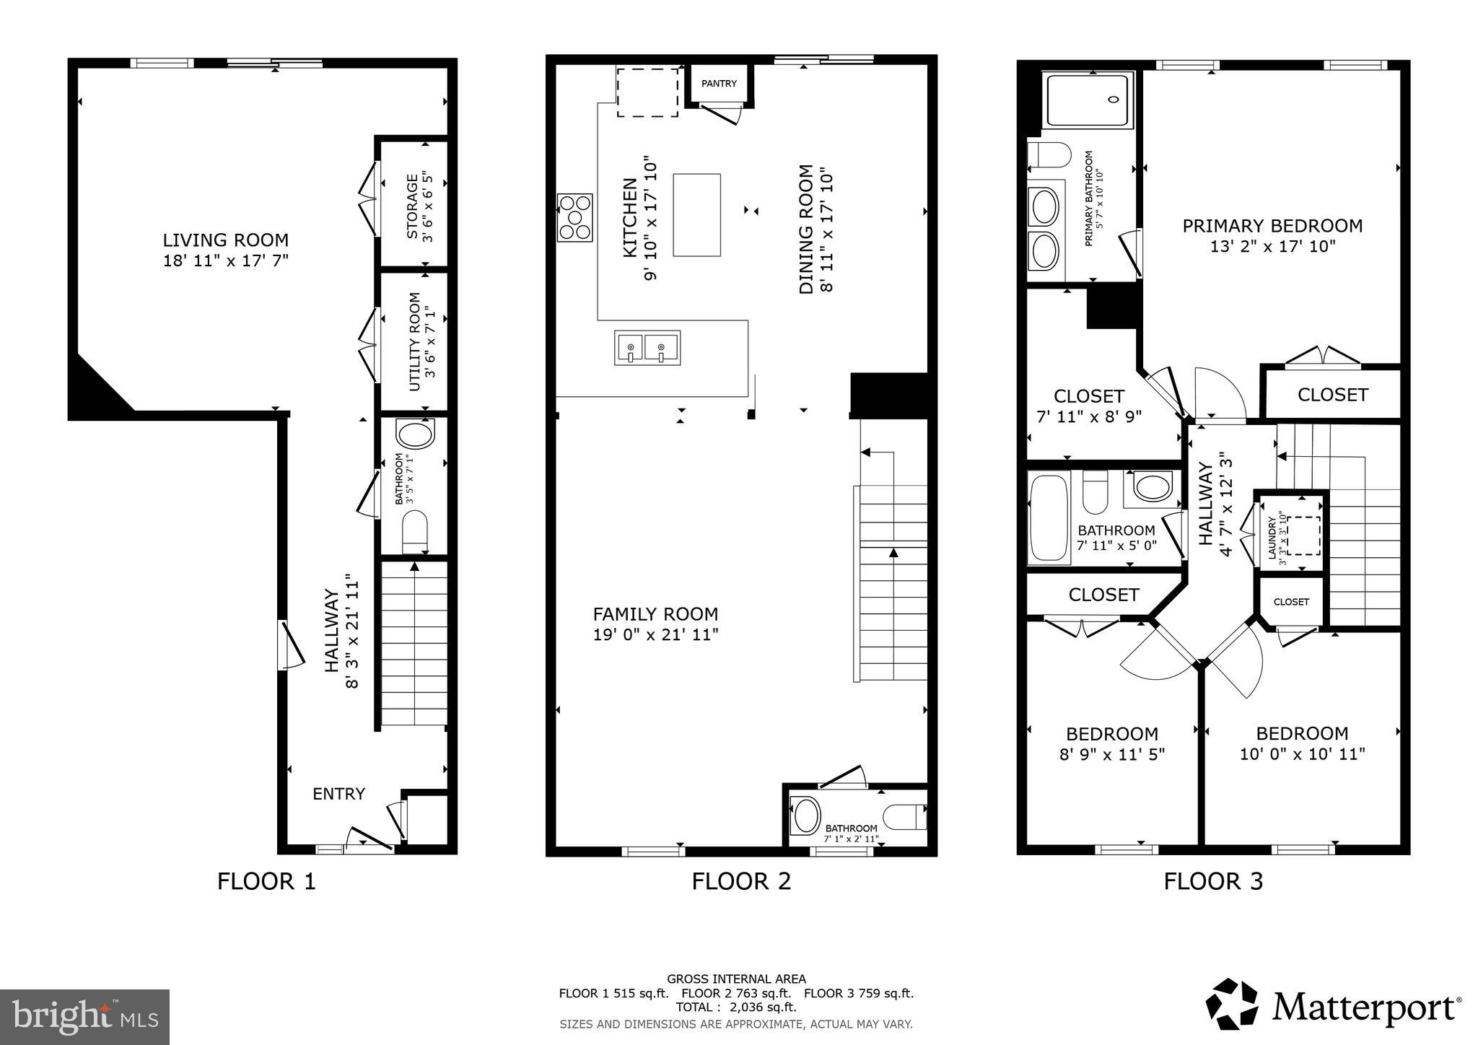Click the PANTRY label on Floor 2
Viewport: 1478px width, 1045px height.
tap(719, 84)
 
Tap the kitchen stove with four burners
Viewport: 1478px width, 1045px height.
tap(575, 217)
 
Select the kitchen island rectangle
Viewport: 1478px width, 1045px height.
tap(696, 214)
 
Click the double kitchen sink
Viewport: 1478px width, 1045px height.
tap(647, 348)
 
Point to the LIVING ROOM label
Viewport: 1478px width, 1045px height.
tap(225, 240)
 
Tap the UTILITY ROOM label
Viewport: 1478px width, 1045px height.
tap(414, 341)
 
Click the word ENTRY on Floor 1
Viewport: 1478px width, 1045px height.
tap(338, 794)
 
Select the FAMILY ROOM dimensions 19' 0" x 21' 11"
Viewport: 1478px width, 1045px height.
tap(655, 635)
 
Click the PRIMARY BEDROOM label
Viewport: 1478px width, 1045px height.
tap(1272, 226)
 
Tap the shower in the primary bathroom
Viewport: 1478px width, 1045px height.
tap(1088, 100)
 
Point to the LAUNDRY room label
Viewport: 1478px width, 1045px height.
tap(1272, 538)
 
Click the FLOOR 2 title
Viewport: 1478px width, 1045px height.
tap(741, 881)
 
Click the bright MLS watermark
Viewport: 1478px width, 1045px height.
tap(84, 1018)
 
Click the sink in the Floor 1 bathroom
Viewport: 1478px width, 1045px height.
tap(415, 437)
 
